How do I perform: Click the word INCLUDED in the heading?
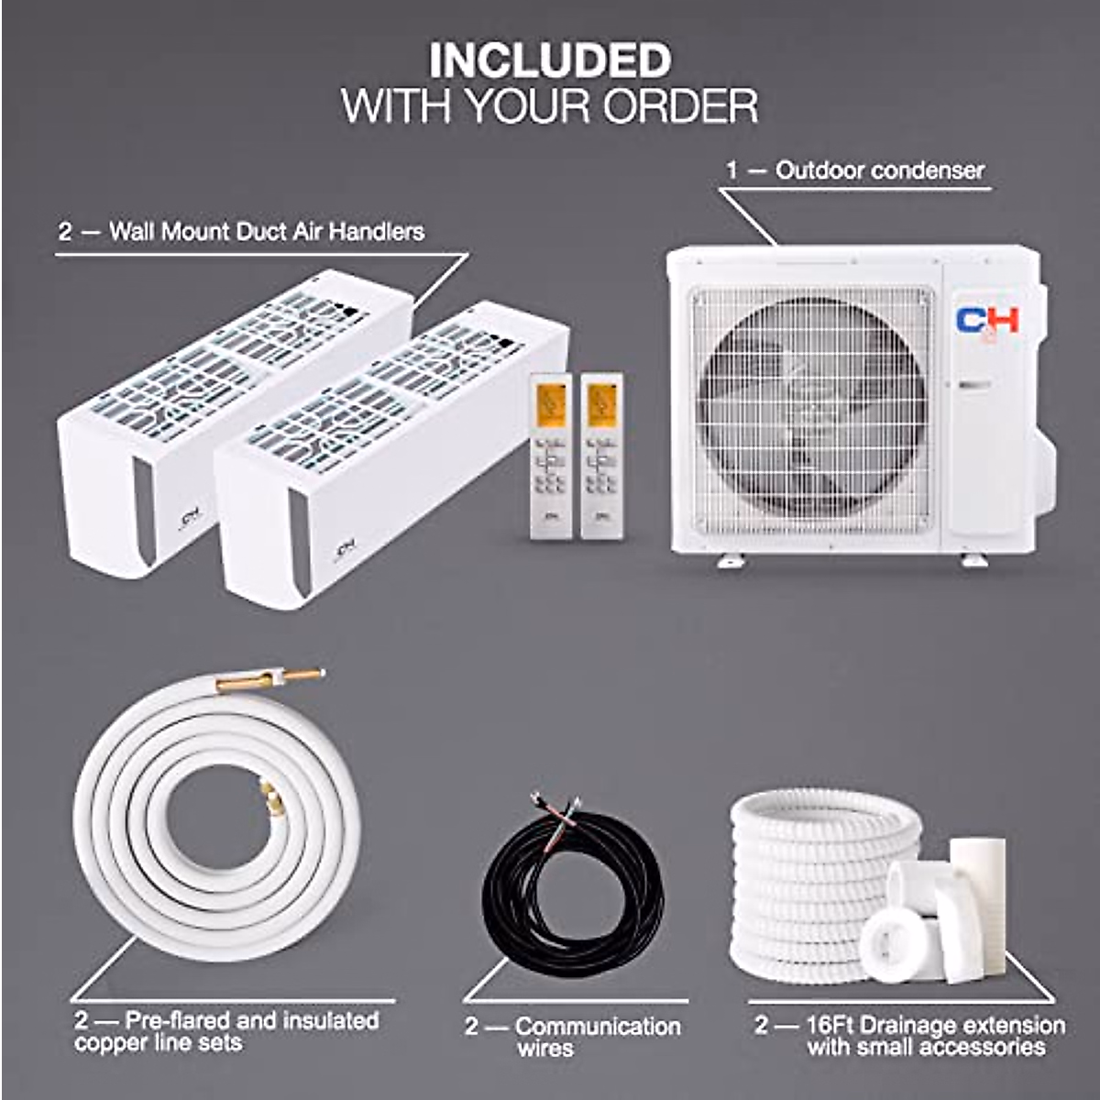(x=550, y=61)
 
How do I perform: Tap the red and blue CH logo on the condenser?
(x=987, y=321)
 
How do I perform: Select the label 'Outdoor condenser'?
(x=879, y=170)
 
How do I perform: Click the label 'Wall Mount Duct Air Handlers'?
(x=266, y=231)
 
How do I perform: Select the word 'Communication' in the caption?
(x=598, y=1027)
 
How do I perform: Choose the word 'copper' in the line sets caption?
(x=112, y=1043)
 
